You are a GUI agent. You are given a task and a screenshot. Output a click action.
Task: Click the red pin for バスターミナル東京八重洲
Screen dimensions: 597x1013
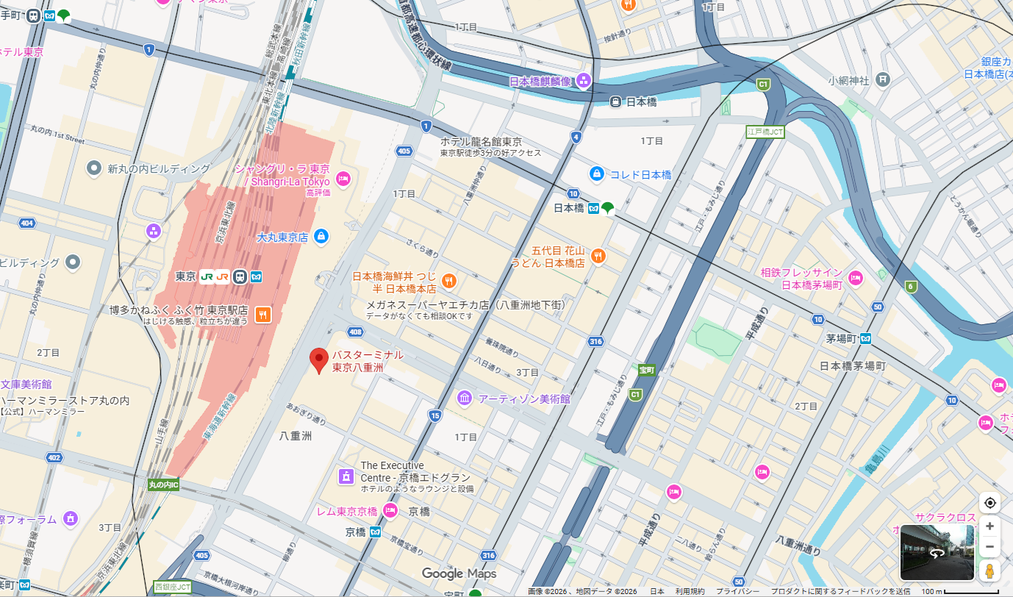click(x=319, y=360)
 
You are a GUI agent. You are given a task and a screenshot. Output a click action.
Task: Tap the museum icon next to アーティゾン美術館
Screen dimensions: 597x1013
click(x=465, y=398)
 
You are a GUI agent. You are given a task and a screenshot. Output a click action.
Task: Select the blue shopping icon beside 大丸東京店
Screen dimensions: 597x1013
click(x=321, y=237)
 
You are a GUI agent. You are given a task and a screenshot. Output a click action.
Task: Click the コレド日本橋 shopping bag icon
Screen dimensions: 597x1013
click(x=597, y=174)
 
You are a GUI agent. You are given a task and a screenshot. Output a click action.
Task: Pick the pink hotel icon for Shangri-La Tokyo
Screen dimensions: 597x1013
click(x=343, y=178)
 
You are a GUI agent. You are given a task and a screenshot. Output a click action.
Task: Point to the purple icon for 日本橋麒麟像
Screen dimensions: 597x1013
click(x=584, y=81)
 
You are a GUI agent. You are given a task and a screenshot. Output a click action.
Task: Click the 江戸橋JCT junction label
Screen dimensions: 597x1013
click(x=765, y=132)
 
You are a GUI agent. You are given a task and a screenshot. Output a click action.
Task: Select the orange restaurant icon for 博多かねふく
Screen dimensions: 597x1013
click(x=262, y=315)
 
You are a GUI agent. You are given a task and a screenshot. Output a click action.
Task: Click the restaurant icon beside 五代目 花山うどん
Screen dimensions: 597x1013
click(x=598, y=256)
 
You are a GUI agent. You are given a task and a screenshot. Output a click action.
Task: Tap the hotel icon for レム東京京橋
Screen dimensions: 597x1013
click(x=390, y=511)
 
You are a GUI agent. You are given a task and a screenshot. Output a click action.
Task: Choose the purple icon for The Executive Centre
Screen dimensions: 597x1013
click(x=344, y=476)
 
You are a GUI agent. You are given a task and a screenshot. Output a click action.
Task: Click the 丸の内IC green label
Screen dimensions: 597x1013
click(x=163, y=485)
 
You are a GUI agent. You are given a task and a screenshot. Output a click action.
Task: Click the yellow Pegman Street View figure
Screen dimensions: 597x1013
click(x=989, y=571)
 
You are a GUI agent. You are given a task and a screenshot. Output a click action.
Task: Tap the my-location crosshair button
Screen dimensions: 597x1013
click(x=989, y=503)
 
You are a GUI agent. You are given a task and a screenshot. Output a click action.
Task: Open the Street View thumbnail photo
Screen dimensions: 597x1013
click(x=937, y=552)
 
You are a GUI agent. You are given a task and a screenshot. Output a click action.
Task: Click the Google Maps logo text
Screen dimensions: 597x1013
click(x=459, y=573)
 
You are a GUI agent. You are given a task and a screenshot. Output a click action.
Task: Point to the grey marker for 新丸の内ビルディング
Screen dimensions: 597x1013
click(x=94, y=169)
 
